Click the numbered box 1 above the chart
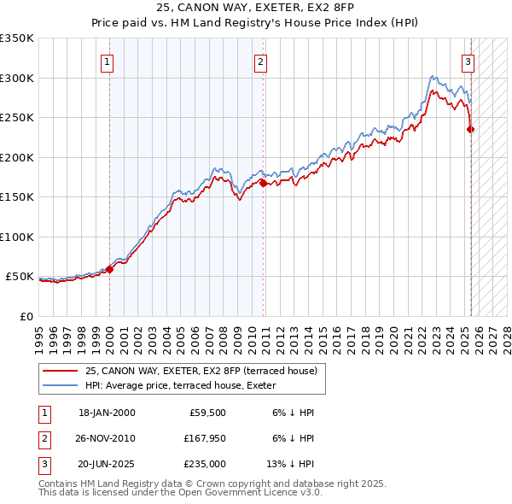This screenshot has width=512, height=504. pos(108,62)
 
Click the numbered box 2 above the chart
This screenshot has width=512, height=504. pos(259,62)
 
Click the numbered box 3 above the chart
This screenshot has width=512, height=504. pos(468,62)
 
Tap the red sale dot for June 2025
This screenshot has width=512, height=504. pos(470,130)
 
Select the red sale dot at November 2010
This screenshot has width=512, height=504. pos(263,183)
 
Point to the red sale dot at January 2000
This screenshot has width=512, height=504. pos(109,269)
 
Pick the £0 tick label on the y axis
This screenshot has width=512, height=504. pos(26,316)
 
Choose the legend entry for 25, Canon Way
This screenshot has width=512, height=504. pos(201,371)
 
